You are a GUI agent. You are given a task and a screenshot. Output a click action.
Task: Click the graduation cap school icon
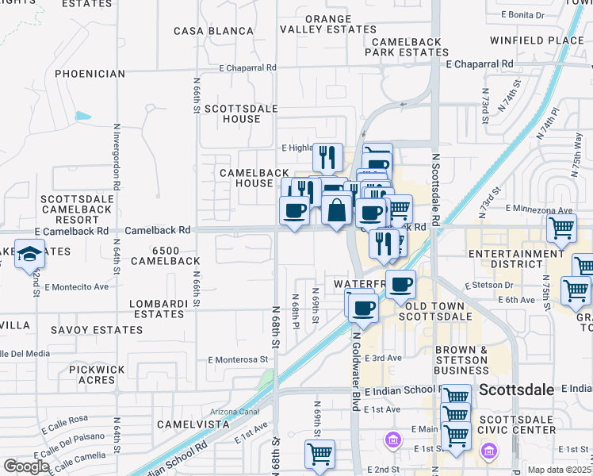click(29, 253)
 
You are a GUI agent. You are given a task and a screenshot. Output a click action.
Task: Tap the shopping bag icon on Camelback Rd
click(336, 210)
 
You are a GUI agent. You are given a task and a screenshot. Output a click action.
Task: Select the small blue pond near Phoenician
click(83, 116)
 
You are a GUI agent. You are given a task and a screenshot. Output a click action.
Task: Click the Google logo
click(25, 466)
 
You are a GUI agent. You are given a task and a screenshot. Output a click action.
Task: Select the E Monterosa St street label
click(238, 359)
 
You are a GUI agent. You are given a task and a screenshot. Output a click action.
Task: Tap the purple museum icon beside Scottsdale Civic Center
click(489, 451)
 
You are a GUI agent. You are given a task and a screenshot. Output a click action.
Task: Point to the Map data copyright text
click(560, 470)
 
